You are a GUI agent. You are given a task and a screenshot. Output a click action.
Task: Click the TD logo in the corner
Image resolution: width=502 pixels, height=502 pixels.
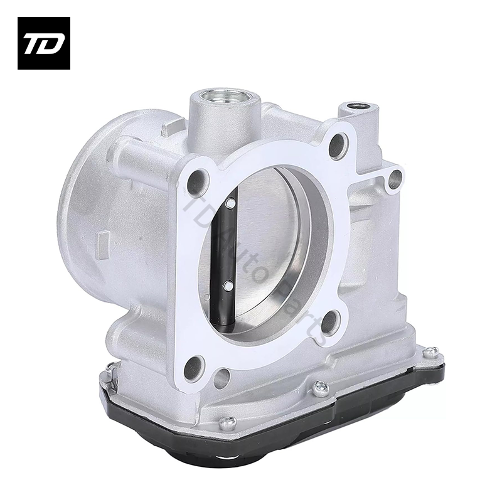click(44, 43)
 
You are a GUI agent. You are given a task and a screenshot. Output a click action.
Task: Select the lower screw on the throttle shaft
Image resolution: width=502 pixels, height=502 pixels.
click(227, 286)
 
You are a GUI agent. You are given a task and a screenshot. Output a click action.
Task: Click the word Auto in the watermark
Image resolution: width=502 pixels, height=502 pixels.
click(251, 257)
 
